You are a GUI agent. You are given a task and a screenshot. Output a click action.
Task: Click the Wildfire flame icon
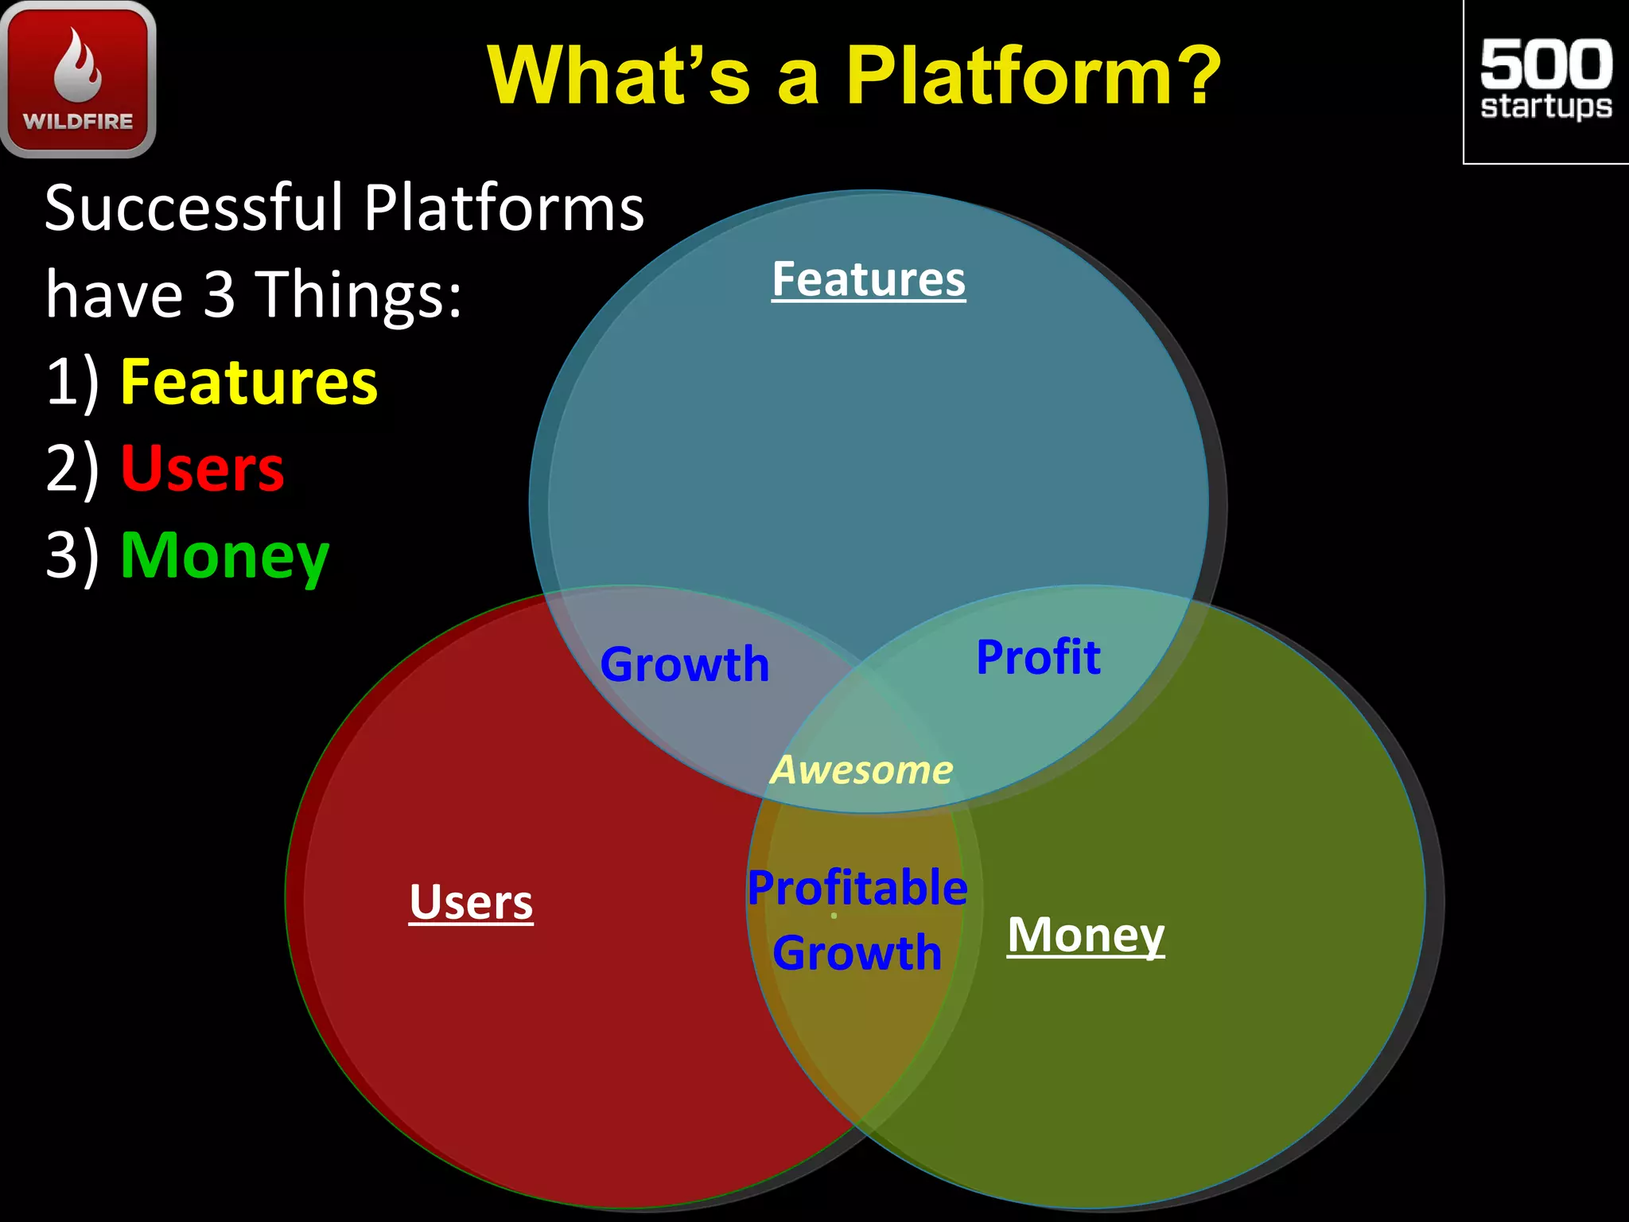coord(78,65)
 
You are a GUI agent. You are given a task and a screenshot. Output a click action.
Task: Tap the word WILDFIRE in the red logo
coord(78,122)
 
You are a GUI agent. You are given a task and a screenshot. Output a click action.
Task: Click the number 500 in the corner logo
coord(1545,64)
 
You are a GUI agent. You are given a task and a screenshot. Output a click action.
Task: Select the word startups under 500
coord(1545,107)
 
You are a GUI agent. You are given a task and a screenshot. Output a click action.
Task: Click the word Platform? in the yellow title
coord(1032,76)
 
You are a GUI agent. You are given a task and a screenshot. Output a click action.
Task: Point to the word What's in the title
coord(619,76)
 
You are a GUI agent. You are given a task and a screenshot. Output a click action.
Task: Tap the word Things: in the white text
coord(361,295)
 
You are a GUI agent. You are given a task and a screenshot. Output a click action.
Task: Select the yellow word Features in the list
coord(249,383)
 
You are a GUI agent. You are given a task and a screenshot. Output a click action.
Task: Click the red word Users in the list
coord(202,469)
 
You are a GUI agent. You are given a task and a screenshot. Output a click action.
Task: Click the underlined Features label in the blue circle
coord(869,279)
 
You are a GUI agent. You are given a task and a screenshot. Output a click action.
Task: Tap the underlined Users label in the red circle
coord(471,902)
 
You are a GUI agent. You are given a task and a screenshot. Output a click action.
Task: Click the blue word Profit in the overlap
coord(1038,657)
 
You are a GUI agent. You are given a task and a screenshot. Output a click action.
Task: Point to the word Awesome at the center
coord(861,770)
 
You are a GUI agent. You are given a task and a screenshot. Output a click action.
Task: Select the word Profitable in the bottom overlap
coord(857,888)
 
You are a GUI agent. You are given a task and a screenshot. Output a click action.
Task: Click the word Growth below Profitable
coord(857,952)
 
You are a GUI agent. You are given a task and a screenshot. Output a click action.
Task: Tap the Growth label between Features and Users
coord(685,664)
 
